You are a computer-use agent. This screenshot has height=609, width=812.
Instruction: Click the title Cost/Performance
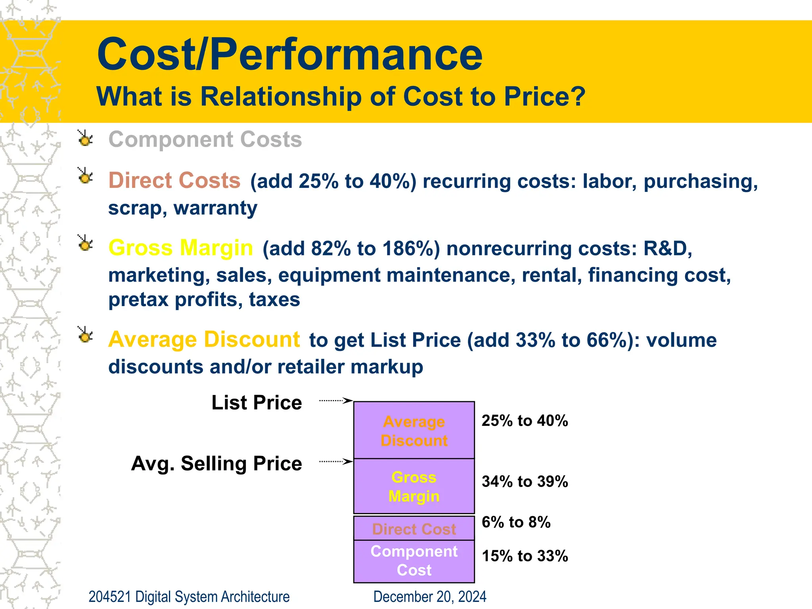coord(289,54)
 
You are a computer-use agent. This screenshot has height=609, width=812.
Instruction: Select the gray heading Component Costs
coord(205,140)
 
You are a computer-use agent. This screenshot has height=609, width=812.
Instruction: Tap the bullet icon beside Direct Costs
coord(85,176)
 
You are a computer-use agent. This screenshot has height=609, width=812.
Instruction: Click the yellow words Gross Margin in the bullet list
coord(180,248)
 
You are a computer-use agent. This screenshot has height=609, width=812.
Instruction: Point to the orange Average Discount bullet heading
coord(204,339)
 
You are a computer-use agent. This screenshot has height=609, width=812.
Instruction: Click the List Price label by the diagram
coord(257,403)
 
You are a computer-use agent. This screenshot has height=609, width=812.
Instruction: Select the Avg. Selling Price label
coord(216,463)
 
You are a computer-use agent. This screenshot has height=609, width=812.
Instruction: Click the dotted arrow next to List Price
coord(335,400)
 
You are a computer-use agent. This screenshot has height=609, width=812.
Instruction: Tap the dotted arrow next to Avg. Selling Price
coord(335,462)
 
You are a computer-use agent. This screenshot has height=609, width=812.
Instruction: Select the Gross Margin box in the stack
coord(414,486)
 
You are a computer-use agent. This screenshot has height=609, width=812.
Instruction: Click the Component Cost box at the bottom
coord(414,561)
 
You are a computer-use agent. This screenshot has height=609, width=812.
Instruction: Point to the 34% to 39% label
coord(525,482)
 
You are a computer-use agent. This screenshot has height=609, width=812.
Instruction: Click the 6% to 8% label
coord(516,523)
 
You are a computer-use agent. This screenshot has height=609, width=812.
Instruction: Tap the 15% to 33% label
coord(525,556)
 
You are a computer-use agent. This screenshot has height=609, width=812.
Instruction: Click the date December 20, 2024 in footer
coord(430,597)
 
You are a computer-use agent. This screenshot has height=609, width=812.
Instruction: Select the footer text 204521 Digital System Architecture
coord(189,597)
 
